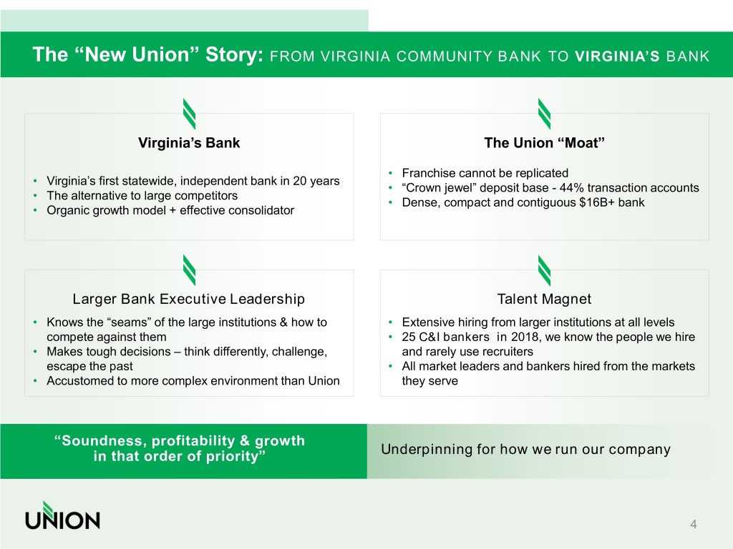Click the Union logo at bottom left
63,516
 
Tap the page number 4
693,524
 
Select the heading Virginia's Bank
189,143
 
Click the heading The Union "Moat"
544,143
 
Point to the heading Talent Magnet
544,299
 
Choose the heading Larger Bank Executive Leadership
189,299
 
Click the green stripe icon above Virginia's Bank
189,114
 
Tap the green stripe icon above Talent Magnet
545,270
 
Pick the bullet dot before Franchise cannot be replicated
390,174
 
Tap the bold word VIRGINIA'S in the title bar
617,56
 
